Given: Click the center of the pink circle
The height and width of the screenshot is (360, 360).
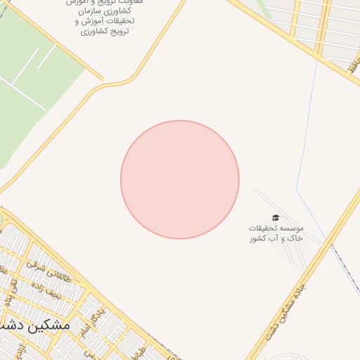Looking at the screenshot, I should [x=180, y=179].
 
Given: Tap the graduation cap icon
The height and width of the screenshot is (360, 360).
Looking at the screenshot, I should [x=276, y=218].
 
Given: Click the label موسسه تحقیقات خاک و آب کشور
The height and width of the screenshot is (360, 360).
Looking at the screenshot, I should [x=276, y=233].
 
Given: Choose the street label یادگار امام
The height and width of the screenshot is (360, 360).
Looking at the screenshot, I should [x=92, y=320].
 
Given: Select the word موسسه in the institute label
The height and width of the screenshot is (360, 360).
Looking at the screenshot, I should [x=291, y=229].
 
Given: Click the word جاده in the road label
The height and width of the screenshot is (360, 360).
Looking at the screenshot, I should [x=298, y=294].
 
